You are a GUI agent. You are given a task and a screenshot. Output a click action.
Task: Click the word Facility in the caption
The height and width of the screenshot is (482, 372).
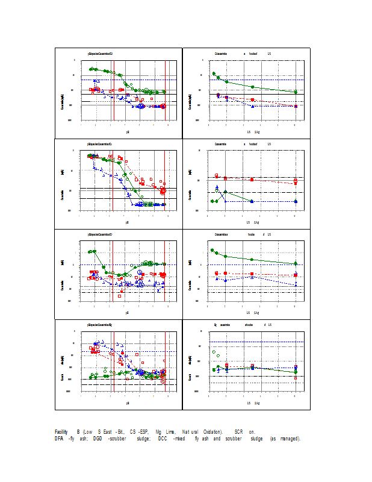click(61, 432)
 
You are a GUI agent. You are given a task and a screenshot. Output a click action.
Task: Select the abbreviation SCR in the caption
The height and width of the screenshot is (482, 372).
click(238, 432)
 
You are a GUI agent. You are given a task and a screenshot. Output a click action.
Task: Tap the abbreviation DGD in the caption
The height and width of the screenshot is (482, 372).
click(97, 438)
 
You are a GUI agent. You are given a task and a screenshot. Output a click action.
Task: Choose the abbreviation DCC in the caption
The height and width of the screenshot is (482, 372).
click(162, 438)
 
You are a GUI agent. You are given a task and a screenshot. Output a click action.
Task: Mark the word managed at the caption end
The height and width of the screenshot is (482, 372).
click(288, 438)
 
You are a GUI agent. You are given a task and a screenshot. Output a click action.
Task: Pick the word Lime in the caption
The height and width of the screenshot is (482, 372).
click(170, 432)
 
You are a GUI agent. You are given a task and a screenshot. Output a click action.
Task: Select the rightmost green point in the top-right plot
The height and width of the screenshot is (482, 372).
click(296, 92)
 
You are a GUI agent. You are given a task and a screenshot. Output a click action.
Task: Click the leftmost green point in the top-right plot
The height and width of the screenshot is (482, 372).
click(214, 74)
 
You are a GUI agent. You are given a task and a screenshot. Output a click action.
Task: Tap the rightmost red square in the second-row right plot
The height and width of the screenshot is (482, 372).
click(296, 183)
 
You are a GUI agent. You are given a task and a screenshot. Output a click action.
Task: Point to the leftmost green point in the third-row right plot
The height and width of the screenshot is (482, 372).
click(212, 250)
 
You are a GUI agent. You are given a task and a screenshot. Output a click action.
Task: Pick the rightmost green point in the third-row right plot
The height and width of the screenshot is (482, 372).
click(296, 264)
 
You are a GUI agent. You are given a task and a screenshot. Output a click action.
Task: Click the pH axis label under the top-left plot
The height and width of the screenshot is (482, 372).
click(127, 131)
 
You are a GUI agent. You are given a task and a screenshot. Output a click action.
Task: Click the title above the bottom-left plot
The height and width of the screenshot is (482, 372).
click(100, 325)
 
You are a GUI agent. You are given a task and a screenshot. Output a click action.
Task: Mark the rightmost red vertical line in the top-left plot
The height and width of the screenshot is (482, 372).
click(166, 90)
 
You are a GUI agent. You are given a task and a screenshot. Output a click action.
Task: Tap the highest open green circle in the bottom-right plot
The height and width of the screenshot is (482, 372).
click(214, 352)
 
